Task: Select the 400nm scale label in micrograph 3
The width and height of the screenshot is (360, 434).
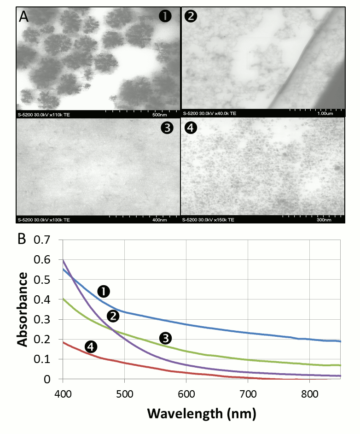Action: [x=159, y=220]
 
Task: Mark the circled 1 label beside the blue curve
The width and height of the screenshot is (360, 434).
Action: [x=104, y=291]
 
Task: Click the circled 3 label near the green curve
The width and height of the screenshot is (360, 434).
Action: [x=165, y=338]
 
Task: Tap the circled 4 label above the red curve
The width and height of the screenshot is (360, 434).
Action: [x=91, y=346]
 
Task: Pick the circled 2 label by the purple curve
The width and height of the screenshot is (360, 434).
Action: [x=113, y=316]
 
